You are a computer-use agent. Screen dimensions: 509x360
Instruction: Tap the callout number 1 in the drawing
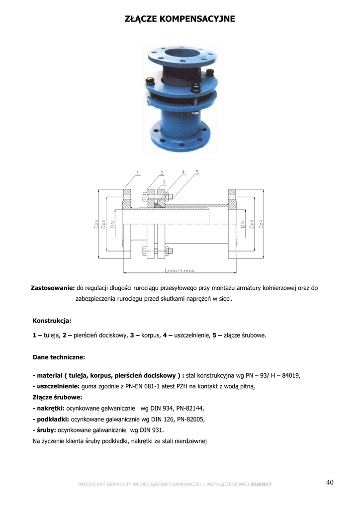pos(138,173)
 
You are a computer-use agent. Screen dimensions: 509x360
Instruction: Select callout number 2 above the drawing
pos(162,173)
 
